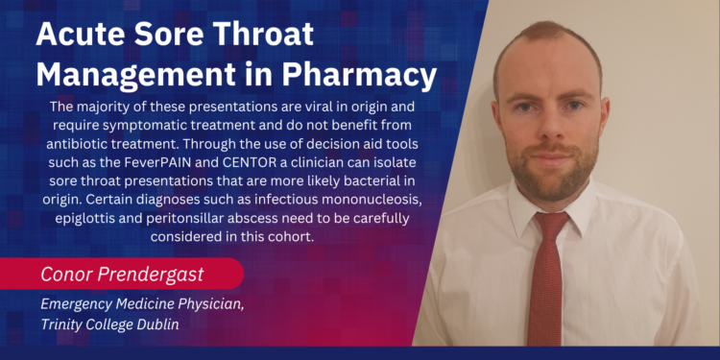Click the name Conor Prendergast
[x=121, y=274]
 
